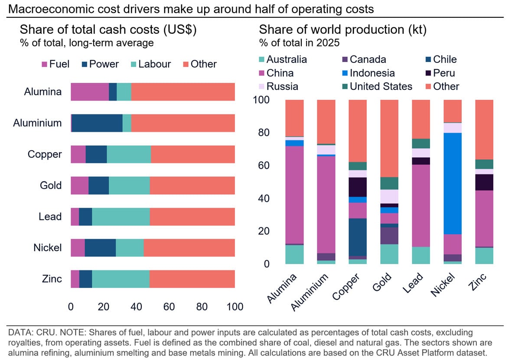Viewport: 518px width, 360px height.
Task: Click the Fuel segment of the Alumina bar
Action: [x=89, y=92]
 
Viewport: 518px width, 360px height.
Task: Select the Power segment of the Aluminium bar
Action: [x=97, y=123]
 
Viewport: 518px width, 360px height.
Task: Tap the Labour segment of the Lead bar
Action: [x=121, y=216]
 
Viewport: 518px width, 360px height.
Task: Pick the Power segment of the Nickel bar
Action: [x=100, y=248]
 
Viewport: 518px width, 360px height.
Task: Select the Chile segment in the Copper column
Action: [x=358, y=237]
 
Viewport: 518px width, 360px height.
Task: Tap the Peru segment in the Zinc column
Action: [x=484, y=182]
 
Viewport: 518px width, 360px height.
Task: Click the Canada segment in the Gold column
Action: [x=389, y=236]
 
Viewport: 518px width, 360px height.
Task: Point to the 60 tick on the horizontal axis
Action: [x=169, y=307]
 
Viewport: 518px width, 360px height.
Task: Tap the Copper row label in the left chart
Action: [x=45, y=154]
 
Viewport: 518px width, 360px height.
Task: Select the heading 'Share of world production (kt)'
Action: [x=343, y=30]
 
